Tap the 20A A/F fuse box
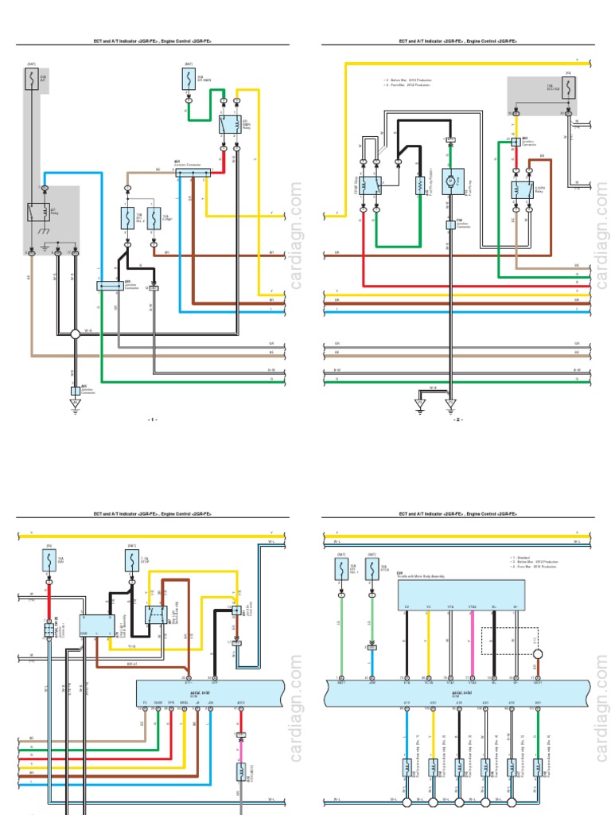pyautogui.click(x=33, y=80)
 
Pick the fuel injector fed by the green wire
pyautogui.click(x=539, y=770)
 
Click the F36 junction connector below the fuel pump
pyautogui.click(x=449, y=224)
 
